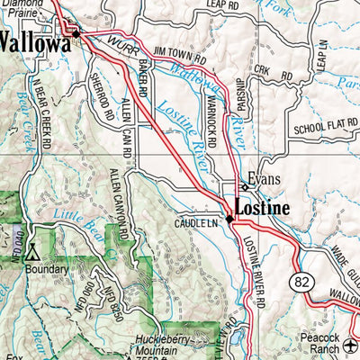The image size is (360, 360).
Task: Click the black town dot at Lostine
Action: (229, 217)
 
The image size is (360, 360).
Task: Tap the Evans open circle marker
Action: (244, 186)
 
